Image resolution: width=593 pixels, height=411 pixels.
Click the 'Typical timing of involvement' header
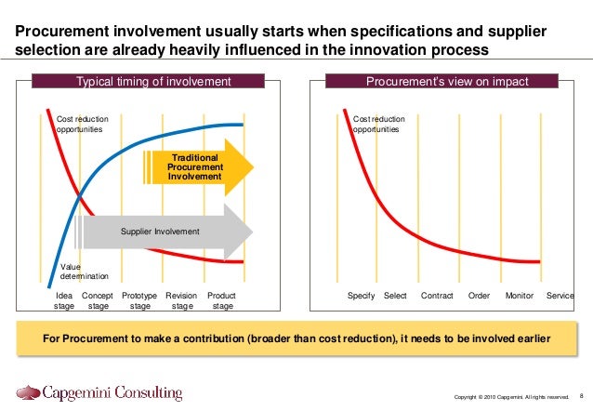coord(152,82)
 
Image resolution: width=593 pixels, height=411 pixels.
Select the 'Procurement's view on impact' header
coord(447,82)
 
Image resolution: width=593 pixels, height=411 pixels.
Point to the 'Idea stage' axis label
coord(64,300)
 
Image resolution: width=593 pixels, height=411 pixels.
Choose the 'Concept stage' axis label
coord(99,300)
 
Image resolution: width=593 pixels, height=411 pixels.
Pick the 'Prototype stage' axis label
coord(139,300)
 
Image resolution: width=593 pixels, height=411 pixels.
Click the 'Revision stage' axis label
coord(181,300)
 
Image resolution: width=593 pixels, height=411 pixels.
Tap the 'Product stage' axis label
coord(221,300)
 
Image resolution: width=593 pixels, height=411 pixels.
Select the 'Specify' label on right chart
coord(361,296)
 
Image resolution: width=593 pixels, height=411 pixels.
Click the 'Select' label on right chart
coord(395,296)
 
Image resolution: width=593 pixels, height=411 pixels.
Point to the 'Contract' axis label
coord(437,296)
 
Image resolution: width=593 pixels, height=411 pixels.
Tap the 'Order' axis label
coord(479,296)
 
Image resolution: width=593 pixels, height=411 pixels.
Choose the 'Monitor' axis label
coord(519,296)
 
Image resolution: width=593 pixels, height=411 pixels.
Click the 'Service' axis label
coord(560,296)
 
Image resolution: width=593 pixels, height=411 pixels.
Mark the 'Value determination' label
coord(84,272)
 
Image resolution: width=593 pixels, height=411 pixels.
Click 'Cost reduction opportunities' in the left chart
coord(80,125)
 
